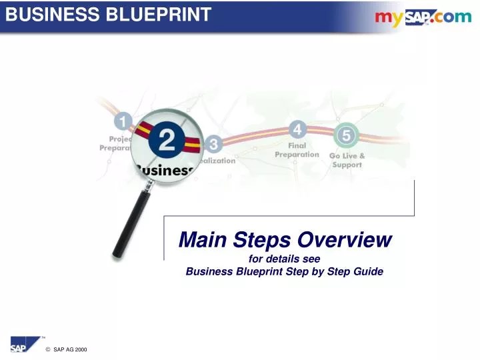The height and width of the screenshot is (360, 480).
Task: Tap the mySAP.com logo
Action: pyautogui.click(x=423, y=17)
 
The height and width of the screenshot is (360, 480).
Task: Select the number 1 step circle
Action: pyautogui.click(x=123, y=121)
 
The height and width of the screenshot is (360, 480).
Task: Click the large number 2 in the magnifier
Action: pyautogui.click(x=165, y=141)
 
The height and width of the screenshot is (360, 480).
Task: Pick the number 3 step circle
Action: pyautogui.click(x=213, y=143)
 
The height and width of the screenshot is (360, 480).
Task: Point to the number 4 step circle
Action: pyautogui.click(x=297, y=129)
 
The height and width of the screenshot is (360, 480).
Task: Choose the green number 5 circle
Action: pyautogui.click(x=346, y=135)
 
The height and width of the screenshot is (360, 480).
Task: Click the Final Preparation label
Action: pyautogui.click(x=297, y=149)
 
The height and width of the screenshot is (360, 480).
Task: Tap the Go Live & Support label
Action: pyautogui.click(x=347, y=160)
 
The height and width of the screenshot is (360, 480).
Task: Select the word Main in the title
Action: pyautogui.click(x=203, y=239)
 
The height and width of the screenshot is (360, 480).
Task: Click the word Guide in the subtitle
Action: pyautogui.click(x=369, y=271)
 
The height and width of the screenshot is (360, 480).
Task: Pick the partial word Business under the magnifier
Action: pyautogui.click(x=165, y=170)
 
